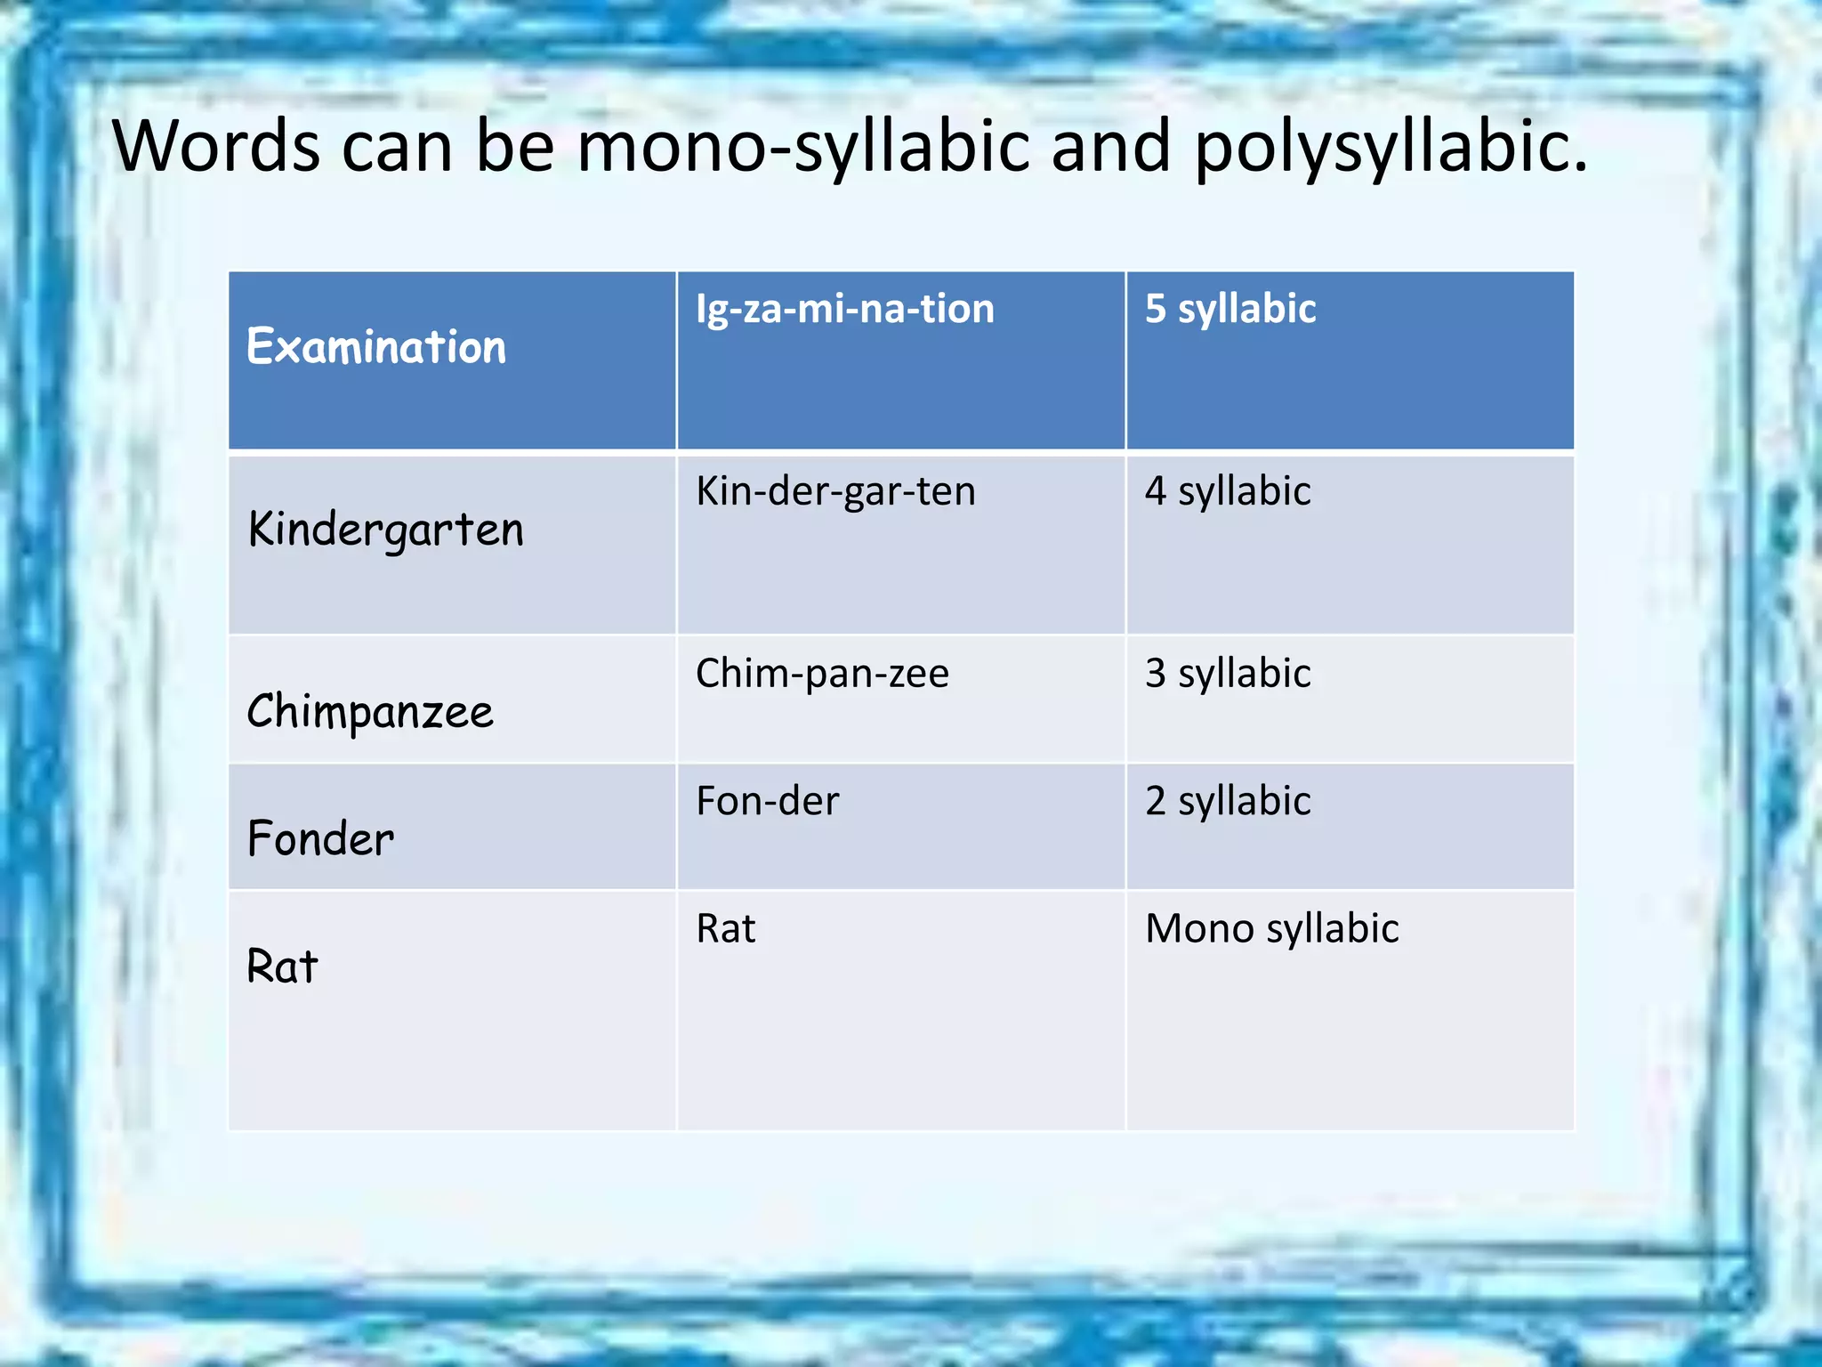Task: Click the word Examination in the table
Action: pyautogui.click(x=375, y=347)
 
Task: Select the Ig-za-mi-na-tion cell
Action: pyautogui.click(x=844, y=309)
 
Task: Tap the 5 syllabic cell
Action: pyautogui.click(x=1229, y=309)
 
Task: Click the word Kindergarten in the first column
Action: pyautogui.click(x=385, y=530)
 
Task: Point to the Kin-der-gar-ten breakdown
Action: pyautogui.click(x=835, y=491)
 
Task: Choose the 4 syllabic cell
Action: pyautogui.click(x=1228, y=491)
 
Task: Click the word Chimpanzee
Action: pyautogui.click(x=369, y=712)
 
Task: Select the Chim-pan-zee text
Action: pyautogui.click(x=822, y=674)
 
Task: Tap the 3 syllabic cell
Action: pyautogui.click(x=1228, y=674)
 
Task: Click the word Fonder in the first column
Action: pyautogui.click(x=320, y=839)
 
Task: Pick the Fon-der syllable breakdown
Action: pyautogui.click(x=767, y=801)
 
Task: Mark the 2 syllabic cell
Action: pyautogui.click(x=1228, y=801)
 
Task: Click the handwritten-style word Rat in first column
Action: pyautogui.click(x=282, y=967)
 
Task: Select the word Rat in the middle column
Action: pyautogui.click(x=725, y=929)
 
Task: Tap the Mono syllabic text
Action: pyautogui.click(x=1271, y=929)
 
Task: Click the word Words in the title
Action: pyautogui.click(x=216, y=147)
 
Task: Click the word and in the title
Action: pyautogui.click(x=1110, y=147)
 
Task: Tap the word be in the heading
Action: pyautogui.click(x=515, y=147)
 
